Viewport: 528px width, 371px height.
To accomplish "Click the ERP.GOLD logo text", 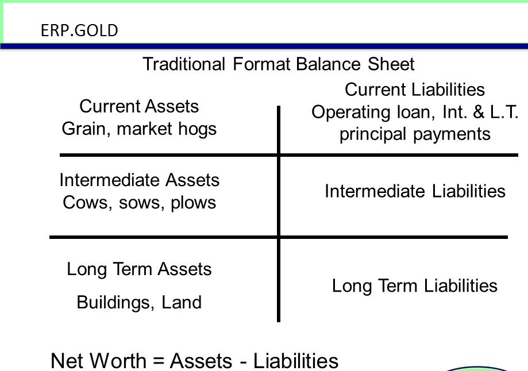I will tap(79, 30).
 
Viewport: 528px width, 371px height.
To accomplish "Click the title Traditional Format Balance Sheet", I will tap(278, 63).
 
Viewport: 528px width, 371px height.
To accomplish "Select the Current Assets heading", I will tap(139, 106).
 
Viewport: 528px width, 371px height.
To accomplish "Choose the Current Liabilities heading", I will tap(414, 90).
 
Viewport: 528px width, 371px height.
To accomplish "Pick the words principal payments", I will tap(415, 134).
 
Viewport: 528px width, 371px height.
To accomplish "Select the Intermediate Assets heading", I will tap(139, 180).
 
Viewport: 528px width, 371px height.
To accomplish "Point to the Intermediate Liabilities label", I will tap(415, 191).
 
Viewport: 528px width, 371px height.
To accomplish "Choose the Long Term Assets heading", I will tap(139, 269).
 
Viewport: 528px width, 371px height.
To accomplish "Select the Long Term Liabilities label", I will tap(414, 285).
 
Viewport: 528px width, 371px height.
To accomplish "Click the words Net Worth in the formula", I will tap(98, 361).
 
